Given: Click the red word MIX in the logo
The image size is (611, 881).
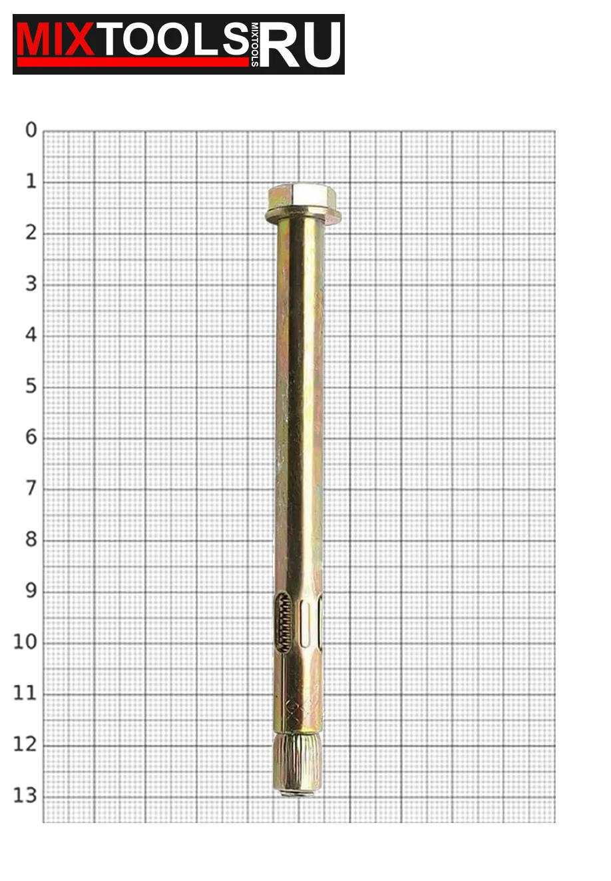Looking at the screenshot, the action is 55,39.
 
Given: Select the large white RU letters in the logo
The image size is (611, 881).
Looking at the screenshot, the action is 300,44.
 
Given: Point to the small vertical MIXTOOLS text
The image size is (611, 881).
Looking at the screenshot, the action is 255,45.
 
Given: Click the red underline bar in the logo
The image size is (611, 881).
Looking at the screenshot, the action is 133,62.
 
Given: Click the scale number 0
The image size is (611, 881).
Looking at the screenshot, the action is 31,130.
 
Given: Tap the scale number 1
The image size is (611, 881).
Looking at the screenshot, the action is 31,181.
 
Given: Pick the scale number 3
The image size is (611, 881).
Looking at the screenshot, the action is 31,284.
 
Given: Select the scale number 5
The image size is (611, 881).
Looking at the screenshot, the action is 31,386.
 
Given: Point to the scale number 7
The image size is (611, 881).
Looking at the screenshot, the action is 31,488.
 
